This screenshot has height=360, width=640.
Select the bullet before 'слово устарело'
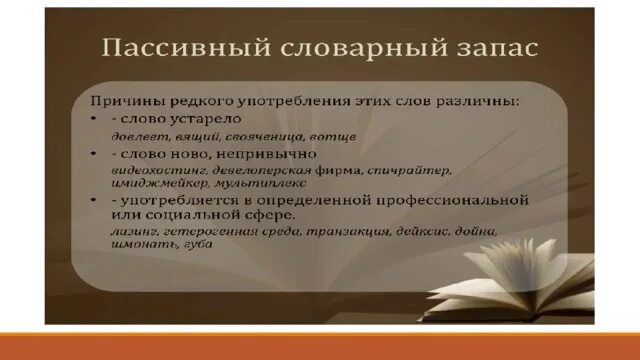(94, 118)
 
